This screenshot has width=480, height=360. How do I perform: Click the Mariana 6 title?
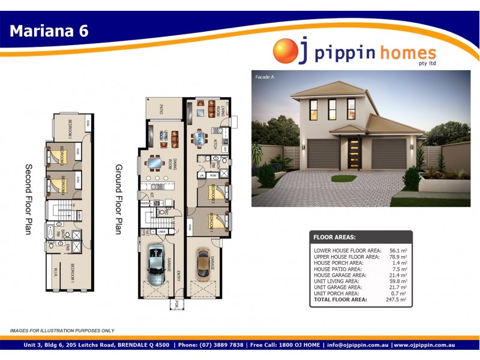[x=49, y=31]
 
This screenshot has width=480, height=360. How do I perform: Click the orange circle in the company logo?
[x=285, y=51]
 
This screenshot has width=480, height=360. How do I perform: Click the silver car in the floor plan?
[x=156, y=262]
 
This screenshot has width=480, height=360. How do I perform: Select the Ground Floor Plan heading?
[x=119, y=200]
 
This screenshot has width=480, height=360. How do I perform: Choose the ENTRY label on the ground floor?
[x=178, y=276]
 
